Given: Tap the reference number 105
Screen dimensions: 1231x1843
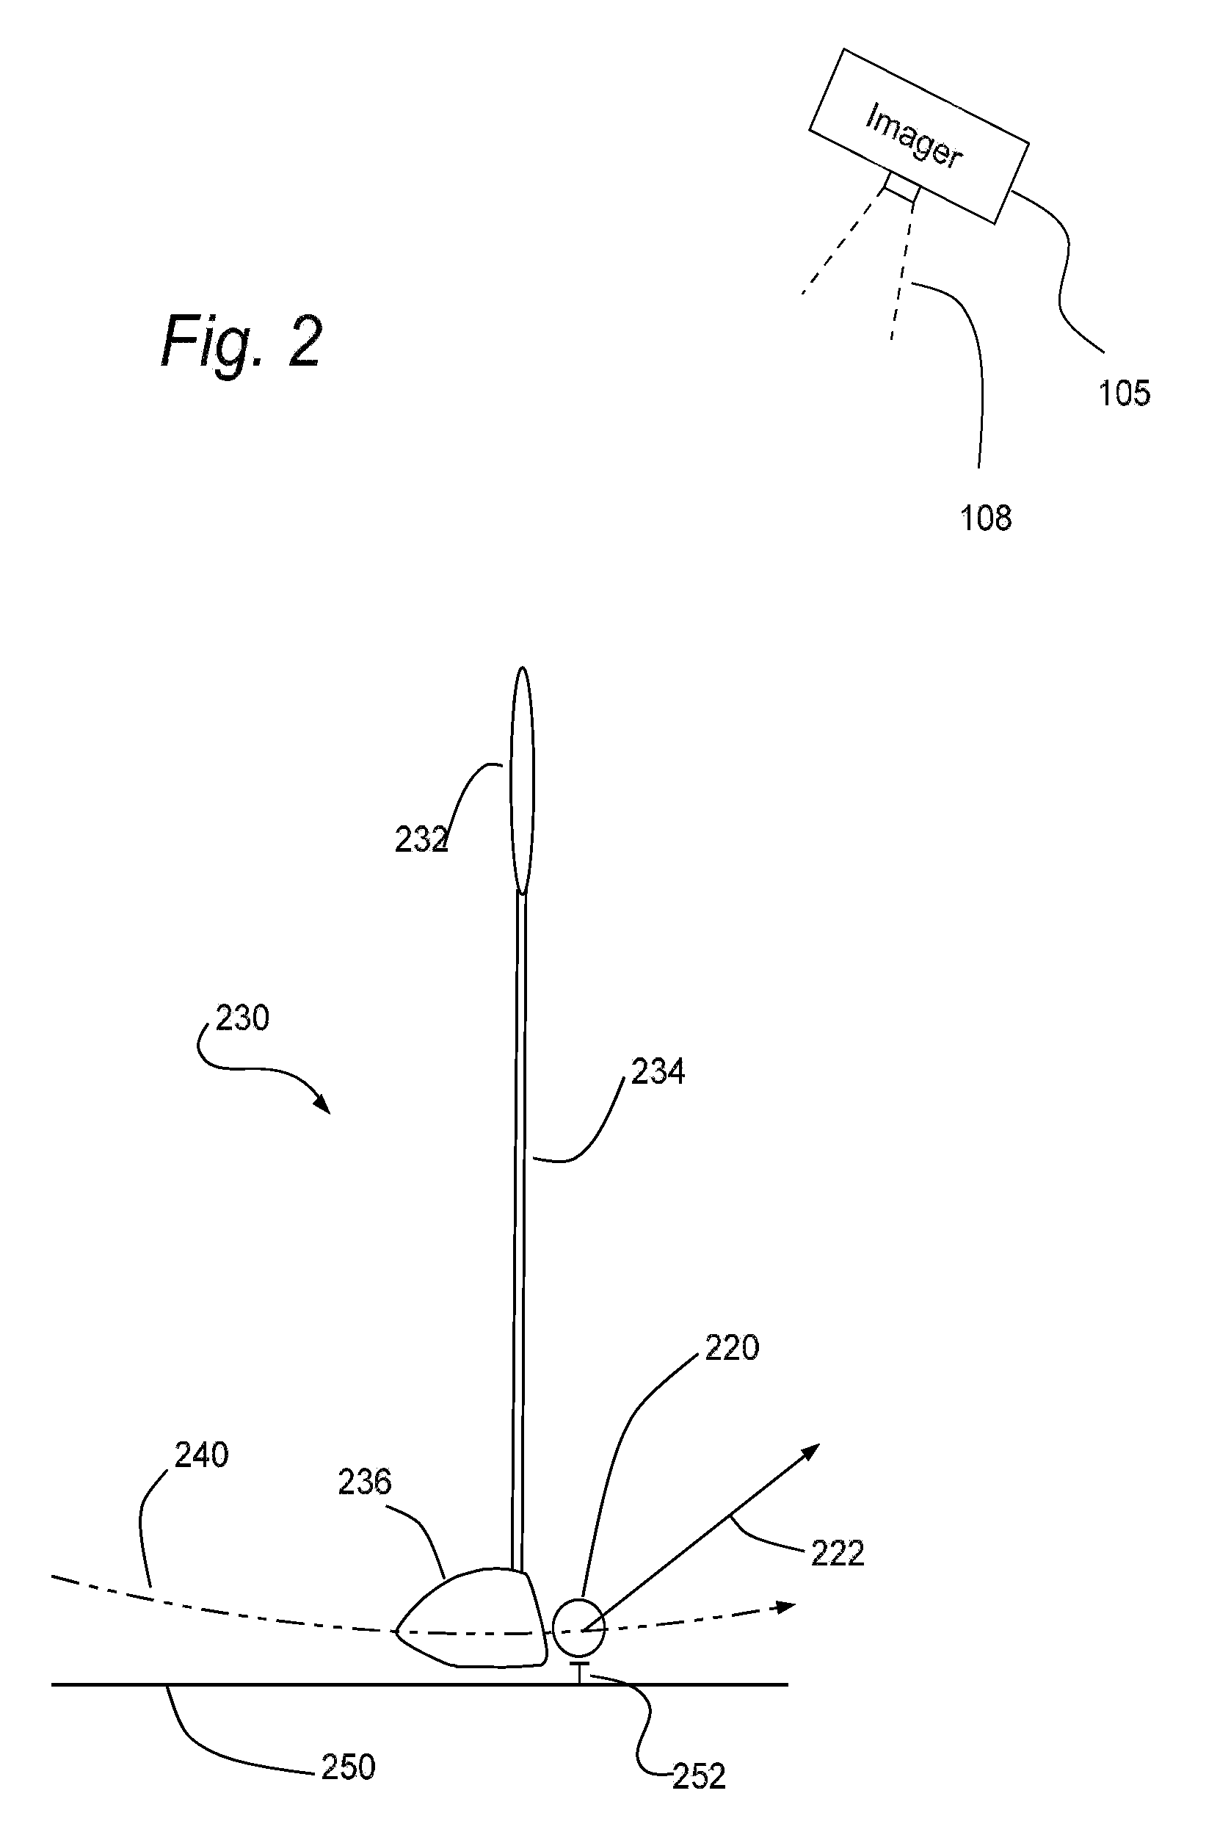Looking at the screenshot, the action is pos(1125,394).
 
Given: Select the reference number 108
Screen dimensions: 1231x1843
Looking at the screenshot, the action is pos(986,518).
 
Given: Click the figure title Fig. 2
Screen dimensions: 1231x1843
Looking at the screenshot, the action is pos(242,341).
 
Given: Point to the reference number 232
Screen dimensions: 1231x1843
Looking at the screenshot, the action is pos(421,840).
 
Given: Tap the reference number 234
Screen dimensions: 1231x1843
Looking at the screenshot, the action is pos(658,1071).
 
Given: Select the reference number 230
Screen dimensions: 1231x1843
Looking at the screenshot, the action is pos(242,1018).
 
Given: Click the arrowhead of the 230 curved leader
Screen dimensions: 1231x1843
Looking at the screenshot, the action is pos(323,1104).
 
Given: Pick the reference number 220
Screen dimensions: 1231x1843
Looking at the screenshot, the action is pos(732,1347).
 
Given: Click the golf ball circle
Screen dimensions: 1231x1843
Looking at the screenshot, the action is pos(579,1628).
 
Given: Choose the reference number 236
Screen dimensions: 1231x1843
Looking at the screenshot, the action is pos(364,1482).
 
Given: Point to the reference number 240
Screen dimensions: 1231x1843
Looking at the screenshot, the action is pos(202,1455).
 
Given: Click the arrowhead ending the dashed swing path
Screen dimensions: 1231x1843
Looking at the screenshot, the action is pos(785,1607).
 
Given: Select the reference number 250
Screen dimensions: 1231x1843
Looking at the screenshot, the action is pos(349,1767).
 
